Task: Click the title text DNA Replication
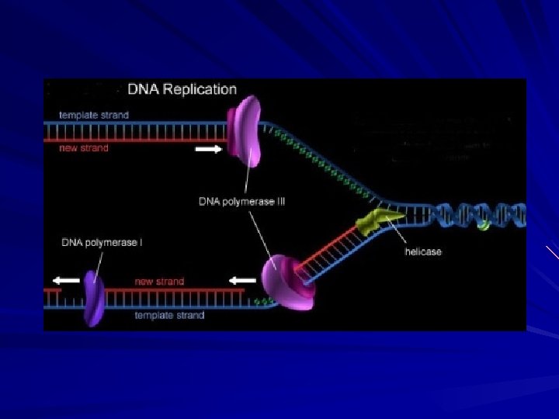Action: tap(182, 89)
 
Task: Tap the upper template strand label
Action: tap(94, 115)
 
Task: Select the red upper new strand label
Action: tap(84, 147)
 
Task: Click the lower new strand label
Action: tap(159, 281)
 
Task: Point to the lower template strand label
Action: tap(169, 315)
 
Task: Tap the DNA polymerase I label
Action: tap(102, 243)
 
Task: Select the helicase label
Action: tap(423, 251)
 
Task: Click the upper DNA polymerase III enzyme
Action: tap(245, 130)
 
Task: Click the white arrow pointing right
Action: tap(208, 149)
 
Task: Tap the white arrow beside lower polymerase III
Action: tap(242, 280)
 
